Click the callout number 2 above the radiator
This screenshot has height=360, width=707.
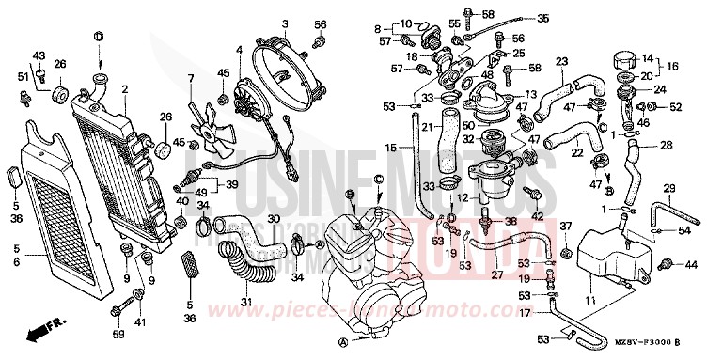123,89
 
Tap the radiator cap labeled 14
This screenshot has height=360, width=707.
623,58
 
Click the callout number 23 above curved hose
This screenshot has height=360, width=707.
560,62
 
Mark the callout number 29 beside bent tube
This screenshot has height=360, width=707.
668,191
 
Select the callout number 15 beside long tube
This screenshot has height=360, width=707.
390,149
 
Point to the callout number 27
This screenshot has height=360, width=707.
496,274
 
